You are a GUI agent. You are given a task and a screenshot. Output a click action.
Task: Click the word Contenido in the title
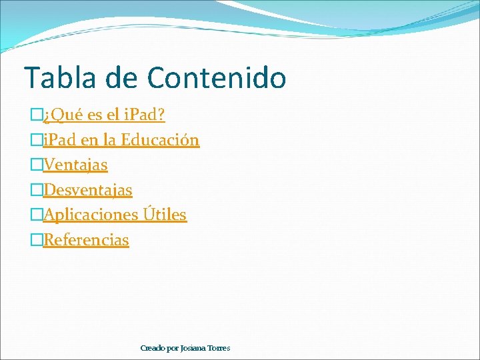217,77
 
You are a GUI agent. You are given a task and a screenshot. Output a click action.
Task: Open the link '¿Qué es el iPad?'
104,115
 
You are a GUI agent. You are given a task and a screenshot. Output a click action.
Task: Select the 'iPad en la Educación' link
121,140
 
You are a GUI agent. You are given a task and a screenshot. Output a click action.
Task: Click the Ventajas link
75,165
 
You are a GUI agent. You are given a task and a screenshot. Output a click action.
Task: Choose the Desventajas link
87,190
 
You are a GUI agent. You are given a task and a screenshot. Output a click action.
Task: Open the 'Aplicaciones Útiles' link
115,215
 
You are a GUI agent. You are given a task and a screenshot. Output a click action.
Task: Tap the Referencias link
86,240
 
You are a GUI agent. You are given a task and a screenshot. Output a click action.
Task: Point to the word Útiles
164,215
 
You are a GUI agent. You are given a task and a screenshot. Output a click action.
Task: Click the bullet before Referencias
37,241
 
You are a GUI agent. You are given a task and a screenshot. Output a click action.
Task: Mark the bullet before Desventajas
37,191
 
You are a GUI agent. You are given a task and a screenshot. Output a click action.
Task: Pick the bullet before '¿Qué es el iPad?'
37,116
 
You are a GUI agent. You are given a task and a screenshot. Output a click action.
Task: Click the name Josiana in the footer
195,348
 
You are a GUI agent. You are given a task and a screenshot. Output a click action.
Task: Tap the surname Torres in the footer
219,348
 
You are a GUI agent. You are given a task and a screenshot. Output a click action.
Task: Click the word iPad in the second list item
59,140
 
